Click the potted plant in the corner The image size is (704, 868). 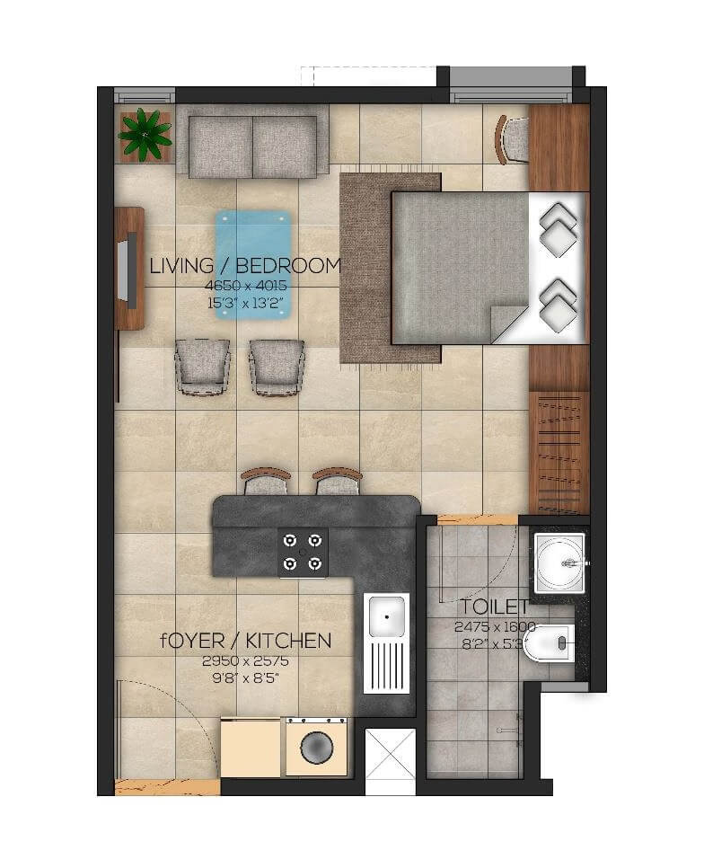[144, 134]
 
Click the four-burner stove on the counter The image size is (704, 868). [303, 552]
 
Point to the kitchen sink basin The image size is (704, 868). [387, 617]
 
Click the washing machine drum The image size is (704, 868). [316, 748]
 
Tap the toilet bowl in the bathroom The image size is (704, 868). [550, 642]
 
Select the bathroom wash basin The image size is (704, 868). [559, 561]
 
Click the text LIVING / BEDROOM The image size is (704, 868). [245, 266]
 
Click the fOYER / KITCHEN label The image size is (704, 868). [245, 641]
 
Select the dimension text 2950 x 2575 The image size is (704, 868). [245, 660]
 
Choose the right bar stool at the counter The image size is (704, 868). [338, 483]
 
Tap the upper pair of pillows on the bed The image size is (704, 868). [558, 230]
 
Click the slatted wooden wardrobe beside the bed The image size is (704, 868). [558, 451]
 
